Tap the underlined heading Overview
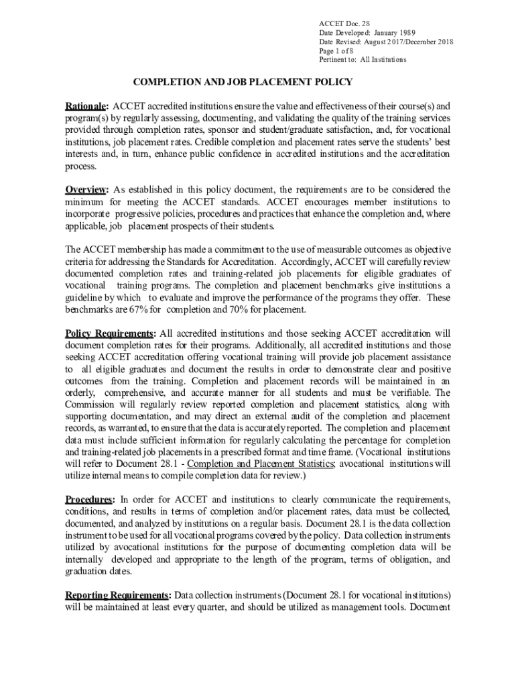[85, 189]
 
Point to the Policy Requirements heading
[110, 333]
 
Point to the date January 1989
[395, 32]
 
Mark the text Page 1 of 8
[338, 50]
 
